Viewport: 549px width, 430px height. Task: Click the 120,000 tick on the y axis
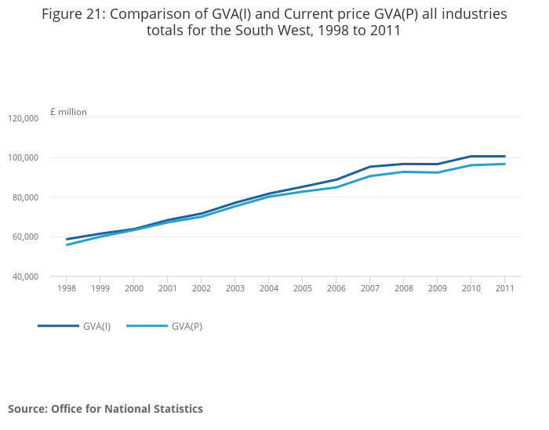coord(24,118)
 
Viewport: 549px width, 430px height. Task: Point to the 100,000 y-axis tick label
coord(24,158)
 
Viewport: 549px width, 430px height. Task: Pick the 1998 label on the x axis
coord(66,288)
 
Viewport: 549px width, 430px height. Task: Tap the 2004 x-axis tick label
coord(268,288)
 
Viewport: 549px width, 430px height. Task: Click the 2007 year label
coord(369,288)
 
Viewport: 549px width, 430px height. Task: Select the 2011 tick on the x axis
coord(504,288)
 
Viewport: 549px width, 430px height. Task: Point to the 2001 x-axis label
coord(167,288)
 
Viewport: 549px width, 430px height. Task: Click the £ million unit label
coord(68,112)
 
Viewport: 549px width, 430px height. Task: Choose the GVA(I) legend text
coord(96,327)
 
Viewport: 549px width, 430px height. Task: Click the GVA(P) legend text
coord(187,327)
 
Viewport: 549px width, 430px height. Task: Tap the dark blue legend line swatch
coord(58,326)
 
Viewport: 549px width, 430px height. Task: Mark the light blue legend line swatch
coord(147,326)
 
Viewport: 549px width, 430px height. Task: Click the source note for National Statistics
coord(105,409)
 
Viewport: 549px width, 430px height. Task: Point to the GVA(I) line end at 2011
coord(504,157)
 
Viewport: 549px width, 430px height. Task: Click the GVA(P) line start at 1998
coord(67,244)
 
